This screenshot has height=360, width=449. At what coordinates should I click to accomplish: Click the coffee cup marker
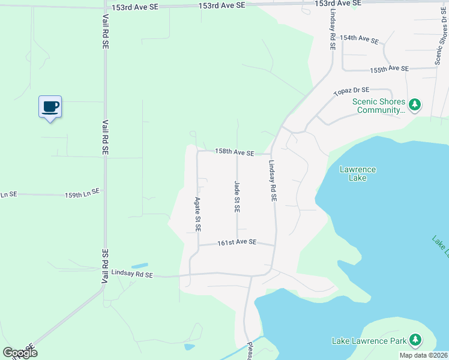click(x=50, y=107)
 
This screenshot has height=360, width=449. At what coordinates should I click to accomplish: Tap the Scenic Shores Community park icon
click(x=415, y=106)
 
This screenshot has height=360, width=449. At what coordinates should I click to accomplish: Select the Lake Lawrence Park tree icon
click(x=415, y=341)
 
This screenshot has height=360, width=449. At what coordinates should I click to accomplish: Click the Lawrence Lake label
click(x=358, y=173)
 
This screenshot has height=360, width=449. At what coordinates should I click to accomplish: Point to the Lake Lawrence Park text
click(x=369, y=341)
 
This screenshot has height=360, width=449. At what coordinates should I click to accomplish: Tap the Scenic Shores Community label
click(x=379, y=106)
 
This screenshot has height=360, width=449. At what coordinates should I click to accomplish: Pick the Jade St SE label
click(x=237, y=197)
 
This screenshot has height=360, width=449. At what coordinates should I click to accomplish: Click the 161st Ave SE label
click(x=237, y=243)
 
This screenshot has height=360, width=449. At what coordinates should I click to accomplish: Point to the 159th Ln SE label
click(x=82, y=194)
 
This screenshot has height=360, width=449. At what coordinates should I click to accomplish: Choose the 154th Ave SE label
click(x=360, y=38)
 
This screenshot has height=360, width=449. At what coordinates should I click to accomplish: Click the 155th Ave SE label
click(x=389, y=70)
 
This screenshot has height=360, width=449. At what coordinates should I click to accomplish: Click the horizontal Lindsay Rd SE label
click(x=132, y=275)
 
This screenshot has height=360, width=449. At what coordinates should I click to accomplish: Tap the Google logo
click(x=20, y=353)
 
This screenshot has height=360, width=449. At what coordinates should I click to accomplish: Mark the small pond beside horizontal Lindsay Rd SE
click(x=139, y=265)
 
